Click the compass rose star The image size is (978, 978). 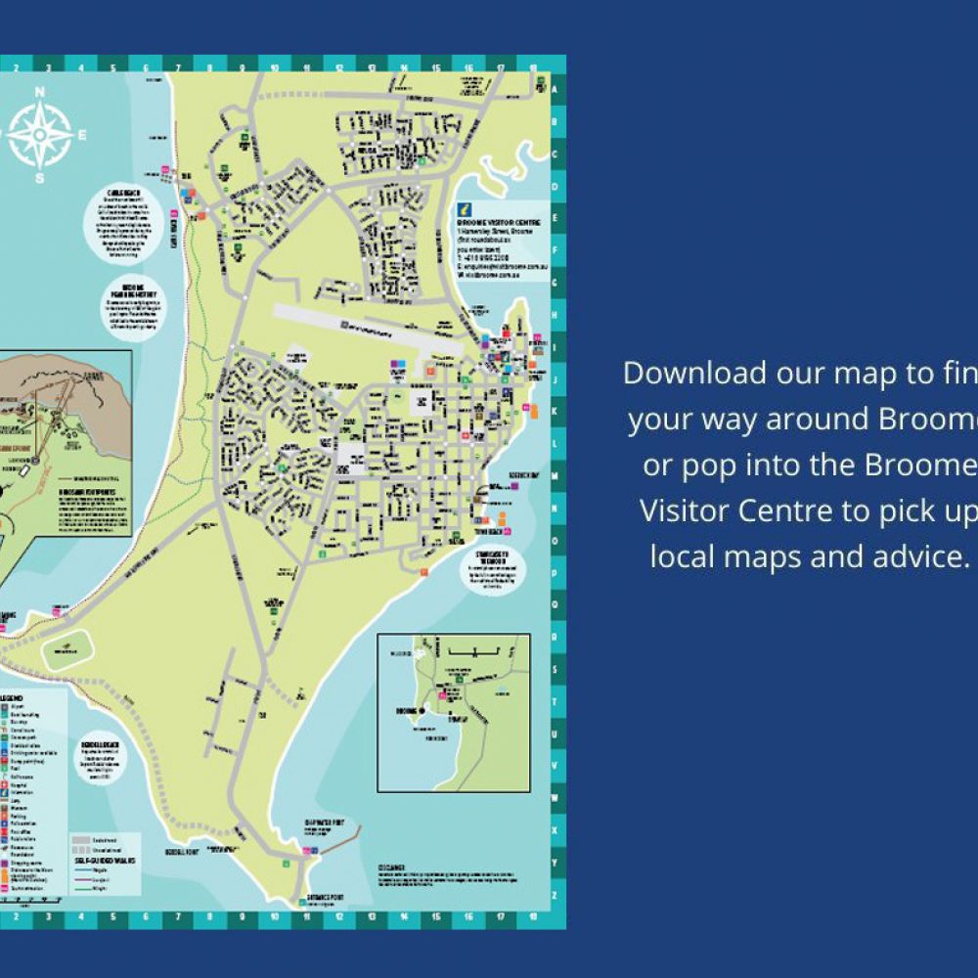click(x=40, y=135)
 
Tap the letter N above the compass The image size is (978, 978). click(x=40, y=93)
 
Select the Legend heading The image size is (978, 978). click(x=13, y=697)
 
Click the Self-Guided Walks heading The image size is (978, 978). click(x=104, y=861)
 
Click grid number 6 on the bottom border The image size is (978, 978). click(x=145, y=918)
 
